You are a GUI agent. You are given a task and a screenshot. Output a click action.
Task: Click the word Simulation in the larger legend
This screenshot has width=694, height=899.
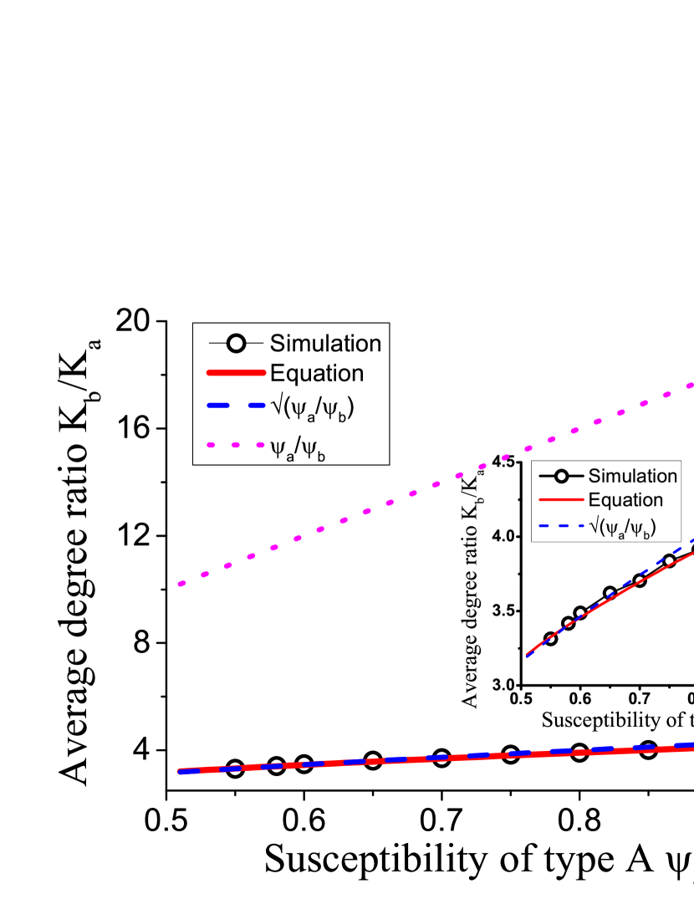pos(325,343)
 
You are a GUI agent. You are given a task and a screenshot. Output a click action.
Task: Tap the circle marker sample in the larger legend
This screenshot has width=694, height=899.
pos(237,343)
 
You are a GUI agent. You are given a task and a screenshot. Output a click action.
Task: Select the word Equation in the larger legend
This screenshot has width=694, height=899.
pos(316,373)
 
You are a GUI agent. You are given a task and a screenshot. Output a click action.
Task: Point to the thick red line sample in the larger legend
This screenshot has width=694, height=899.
pos(237,373)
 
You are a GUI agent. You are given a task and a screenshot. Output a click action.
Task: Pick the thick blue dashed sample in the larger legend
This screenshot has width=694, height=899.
pos(237,405)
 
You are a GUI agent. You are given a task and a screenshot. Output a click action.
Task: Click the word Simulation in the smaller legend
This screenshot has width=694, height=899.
pos(632,476)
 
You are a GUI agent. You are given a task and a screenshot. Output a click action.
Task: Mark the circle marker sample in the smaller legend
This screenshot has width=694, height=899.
pos(561,476)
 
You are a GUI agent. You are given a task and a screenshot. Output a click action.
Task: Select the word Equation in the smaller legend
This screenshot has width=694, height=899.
pos(625,500)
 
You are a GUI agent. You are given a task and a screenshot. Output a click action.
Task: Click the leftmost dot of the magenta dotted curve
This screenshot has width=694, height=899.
pos(181,584)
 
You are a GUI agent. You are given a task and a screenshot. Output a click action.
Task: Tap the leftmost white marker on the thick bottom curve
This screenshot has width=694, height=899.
pos(235,769)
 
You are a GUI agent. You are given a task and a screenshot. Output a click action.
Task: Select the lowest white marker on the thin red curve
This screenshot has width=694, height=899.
pos(550,639)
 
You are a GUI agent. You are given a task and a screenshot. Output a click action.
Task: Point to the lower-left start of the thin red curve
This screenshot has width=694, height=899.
pos(527,656)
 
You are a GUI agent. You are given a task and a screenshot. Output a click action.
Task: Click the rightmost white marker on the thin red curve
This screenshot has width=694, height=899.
pos(669,561)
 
